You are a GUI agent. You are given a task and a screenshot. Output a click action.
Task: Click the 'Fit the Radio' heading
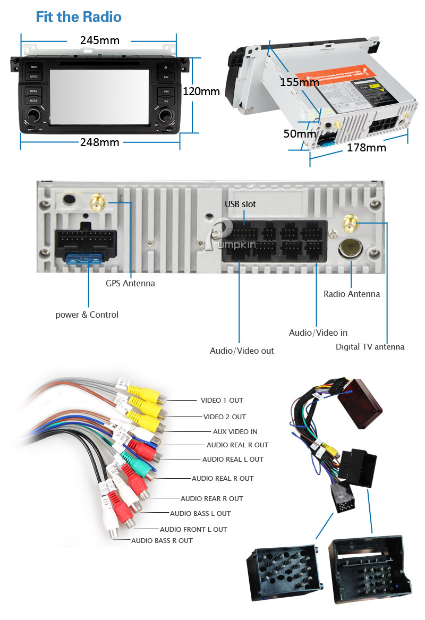[x=79, y=17]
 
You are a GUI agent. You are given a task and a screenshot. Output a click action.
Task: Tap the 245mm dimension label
[x=100, y=40]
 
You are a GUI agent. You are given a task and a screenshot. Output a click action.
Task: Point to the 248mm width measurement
[x=100, y=142]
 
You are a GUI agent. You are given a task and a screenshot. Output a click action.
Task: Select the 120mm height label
[x=201, y=91]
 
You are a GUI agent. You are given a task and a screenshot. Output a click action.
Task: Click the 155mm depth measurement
[x=300, y=82]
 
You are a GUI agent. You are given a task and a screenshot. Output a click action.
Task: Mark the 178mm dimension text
[x=367, y=148]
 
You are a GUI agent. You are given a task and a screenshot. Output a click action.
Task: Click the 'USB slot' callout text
[x=240, y=204]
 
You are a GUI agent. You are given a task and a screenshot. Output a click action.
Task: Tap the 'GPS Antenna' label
[x=130, y=283]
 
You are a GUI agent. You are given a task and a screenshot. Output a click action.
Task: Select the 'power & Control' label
[x=87, y=315]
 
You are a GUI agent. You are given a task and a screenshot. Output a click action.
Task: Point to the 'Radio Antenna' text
[x=352, y=294]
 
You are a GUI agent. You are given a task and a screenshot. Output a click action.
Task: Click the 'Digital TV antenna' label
[x=370, y=347]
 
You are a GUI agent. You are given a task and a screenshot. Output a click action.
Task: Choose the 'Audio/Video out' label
[x=242, y=351]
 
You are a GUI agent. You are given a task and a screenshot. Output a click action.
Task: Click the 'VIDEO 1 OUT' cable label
[x=222, y=401]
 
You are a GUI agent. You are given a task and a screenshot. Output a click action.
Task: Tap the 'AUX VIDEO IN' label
[x=235, y=432]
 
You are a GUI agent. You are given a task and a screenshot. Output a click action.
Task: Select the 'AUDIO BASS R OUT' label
[x=162, y=540]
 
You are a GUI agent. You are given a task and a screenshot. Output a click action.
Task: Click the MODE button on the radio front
[x=33, y=100]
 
